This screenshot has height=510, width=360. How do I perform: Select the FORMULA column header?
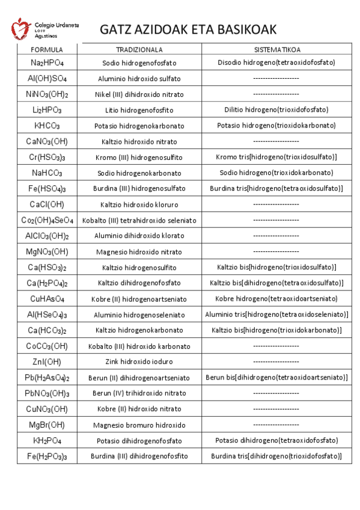(x=47, y=49)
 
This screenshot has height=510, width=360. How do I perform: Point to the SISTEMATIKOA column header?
(x=276, y=49)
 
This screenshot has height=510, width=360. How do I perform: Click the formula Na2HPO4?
(x=47, y=63)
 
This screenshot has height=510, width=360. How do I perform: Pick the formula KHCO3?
(x=47, y=126)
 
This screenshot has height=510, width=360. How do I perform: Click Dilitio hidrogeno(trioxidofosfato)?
(x=276, y=110)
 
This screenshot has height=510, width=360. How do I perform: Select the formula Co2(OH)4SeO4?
(x=47, y=220)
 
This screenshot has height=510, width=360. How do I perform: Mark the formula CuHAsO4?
(x=47, y=298)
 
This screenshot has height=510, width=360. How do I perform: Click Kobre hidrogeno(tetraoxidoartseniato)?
(x=276, y=298)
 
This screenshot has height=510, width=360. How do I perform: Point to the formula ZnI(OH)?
(x=47, y=361)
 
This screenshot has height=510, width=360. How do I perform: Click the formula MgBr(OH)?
(x=47, y=425)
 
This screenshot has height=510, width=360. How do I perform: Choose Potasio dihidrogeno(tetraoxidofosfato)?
(x=276, y=440)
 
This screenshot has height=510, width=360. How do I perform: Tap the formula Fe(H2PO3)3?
(x=47, y=456)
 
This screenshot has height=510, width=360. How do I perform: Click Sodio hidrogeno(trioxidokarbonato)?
(x=276, y=173)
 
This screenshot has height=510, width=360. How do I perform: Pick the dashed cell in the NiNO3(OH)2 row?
(x=276, y=94)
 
